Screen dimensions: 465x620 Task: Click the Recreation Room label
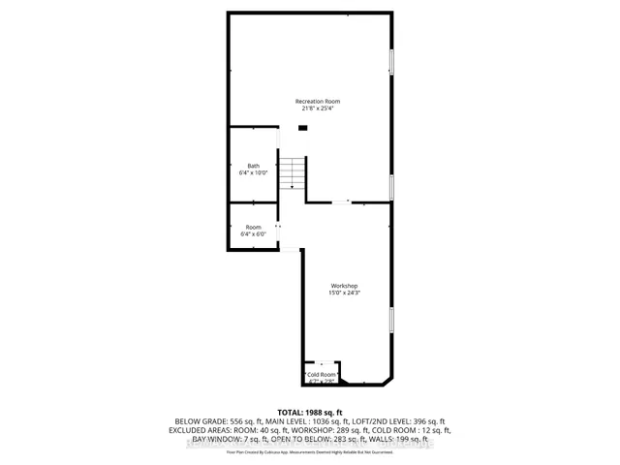coord(318,101)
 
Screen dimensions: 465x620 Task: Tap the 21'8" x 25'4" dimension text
coord(318,108)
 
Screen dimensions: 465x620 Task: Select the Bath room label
coord(253,166)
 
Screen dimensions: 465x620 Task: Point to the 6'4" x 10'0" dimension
coord(253,172)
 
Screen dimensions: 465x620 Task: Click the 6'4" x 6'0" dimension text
coord(253,233)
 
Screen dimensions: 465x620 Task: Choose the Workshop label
coord(345,286)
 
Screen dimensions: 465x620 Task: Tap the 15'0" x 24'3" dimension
coord(345,293)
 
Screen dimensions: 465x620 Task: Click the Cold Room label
coord(323,374)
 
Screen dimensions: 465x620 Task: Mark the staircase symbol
coord(293,171)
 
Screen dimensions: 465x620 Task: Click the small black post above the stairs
coord(302,127)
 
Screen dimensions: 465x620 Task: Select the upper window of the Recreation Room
coord(391,60)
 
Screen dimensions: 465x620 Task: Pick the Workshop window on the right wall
coord(391,320)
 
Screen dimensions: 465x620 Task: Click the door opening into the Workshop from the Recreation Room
coord(340,202)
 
